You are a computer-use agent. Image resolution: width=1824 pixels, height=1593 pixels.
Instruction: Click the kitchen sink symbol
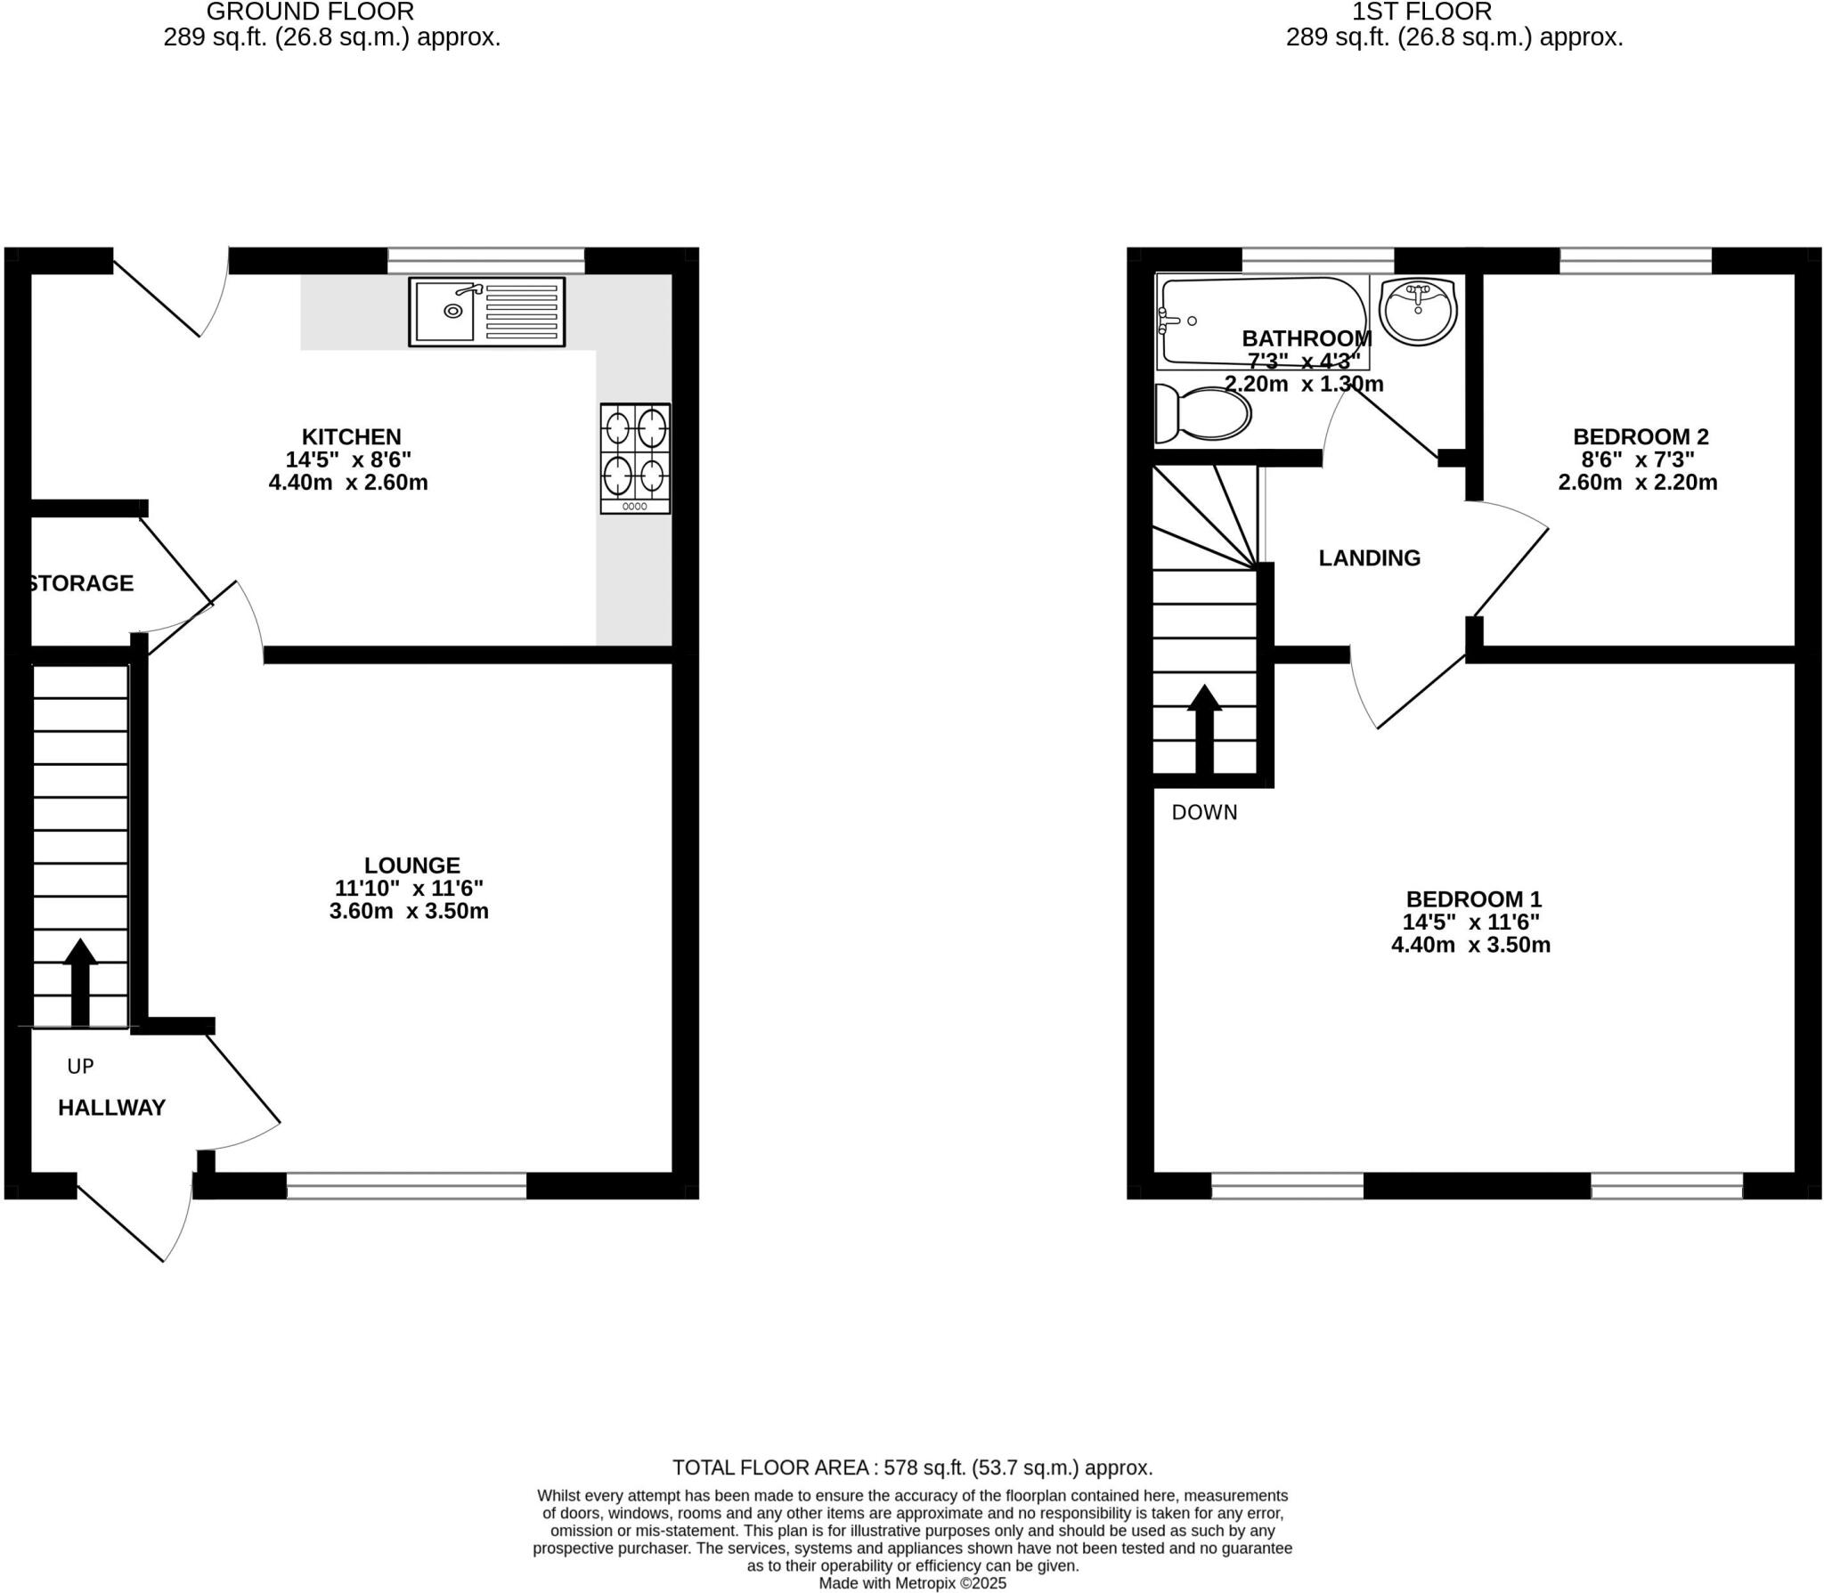point(486,312)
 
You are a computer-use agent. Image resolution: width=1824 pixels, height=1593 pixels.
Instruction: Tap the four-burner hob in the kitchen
point(635,458)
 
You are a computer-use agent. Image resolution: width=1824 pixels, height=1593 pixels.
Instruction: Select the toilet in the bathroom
point(1201,414)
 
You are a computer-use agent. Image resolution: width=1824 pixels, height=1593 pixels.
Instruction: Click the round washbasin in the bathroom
point(1417,310)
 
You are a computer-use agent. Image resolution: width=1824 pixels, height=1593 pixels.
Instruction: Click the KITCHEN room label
point(351,437)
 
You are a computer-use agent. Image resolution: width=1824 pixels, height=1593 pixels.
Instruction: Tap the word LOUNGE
point(411,866)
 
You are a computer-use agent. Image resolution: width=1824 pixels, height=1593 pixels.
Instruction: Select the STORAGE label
point(81,583)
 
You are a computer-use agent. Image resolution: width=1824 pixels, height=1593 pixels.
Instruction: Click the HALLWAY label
point(111,1108)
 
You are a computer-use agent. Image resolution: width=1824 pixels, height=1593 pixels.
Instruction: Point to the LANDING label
point(1369,558)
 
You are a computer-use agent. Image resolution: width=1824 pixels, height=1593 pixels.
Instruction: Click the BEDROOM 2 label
point(1641,437)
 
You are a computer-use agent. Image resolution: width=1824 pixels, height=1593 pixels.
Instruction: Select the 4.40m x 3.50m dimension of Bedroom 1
point(1470,945)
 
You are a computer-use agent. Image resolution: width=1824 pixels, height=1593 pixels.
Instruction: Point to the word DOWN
point(1204,812)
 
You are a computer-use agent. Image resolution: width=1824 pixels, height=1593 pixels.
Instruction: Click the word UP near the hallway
point(80,1066)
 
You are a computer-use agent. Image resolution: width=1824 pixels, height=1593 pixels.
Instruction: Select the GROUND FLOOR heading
point(310,12)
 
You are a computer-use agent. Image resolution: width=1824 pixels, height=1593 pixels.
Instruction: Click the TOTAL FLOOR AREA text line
point(912,1467)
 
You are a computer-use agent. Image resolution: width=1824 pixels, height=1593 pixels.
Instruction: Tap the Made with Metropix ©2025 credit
point(912,1583)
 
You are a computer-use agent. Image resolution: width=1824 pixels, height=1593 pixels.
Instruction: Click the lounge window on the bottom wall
point(406,1185)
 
